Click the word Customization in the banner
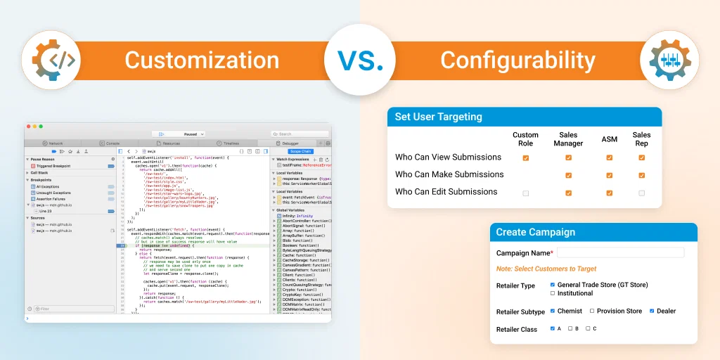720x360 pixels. pyautogui.click(x=202, y=60)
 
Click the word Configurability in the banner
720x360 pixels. pyautogui.click(x=517, y=60)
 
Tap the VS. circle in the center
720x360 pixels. pyautogui.click(x=360, y=60)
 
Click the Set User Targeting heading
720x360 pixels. pyautogui.click(x=438, y=117)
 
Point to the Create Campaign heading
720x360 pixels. pyautogui.click(x=535, y=232)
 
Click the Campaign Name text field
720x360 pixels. pyautogui.click(x=620, y=252)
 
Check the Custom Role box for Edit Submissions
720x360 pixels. pyautogui.click(x=525, y=192)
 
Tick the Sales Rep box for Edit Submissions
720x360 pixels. pyautogui.click(x=641, y=192)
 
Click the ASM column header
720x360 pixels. pyautogui.click(x=610, y=139)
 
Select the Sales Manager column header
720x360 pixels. pyautogui.click(x=568, y=139)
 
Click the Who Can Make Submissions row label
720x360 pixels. pyautogui.click(x=449, y=174)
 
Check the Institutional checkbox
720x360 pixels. pyautogui.click(x=553, y=293)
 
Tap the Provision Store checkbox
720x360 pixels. pyautogui.click(x=592, y=311)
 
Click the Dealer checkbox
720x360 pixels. pyautogui.click(x=652, y=311)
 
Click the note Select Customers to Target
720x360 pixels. pyautogui.click(x=546, y=269)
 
